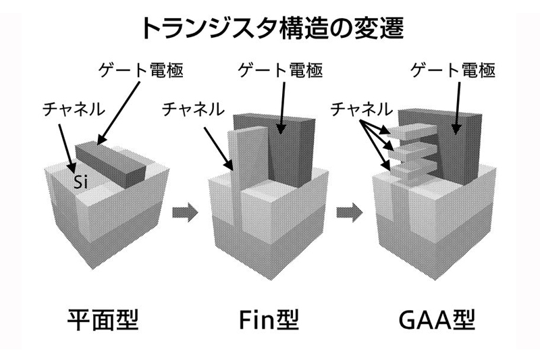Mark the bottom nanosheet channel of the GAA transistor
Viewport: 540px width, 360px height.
coord(406,167)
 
